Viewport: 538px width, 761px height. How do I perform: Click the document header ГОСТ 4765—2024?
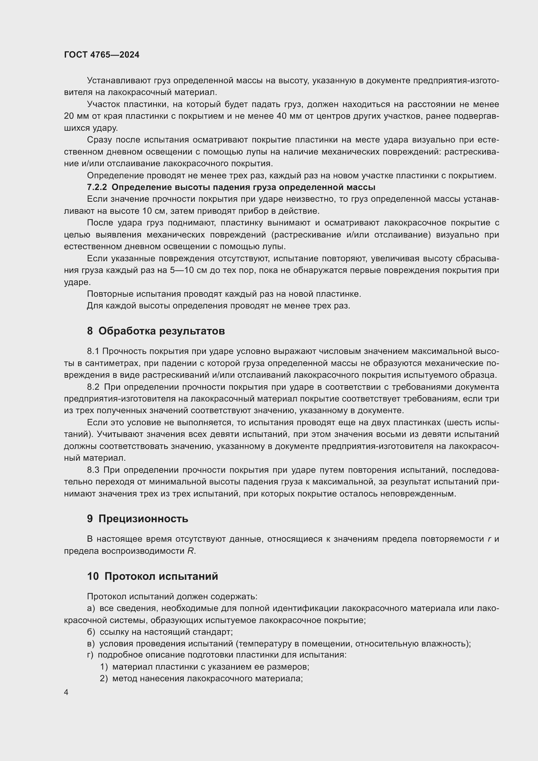pyautogui.click(x=102, y=55)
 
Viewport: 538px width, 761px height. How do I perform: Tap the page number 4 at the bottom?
pyautogui.click(x=66, y=692)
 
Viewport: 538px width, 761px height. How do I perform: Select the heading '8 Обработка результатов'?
pyautogui.click(x=156, y=331)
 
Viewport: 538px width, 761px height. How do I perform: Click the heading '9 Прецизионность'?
pyautogui.click(x=138, y=518)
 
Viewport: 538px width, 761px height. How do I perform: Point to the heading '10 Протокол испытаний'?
pyautogui.click(x=152, y=576)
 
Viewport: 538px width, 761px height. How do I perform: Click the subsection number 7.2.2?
pyautogui.click(x=97, y=187)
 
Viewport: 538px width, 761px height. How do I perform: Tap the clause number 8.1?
pyautogui.click(x=93, y=351)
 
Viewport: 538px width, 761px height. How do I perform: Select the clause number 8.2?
pyautogui.click(x=93, y=387)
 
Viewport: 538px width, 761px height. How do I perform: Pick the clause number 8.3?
pyautogui.click(x=93, y=470)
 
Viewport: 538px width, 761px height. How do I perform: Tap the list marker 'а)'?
pyautogui.click(x=91, y=608)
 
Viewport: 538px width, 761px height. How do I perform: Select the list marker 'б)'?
pyautogui.click(x=91, y=632)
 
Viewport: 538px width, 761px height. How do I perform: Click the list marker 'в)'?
pyautogui.click(x=91, y=644)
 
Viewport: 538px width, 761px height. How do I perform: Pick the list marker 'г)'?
pyautogui.click(x=90, y=655)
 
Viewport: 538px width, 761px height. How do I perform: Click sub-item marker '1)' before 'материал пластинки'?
pyautogui.click(x=104, y=667)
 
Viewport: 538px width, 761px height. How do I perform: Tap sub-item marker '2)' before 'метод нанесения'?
pyautogui.click(x=104, y=678)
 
